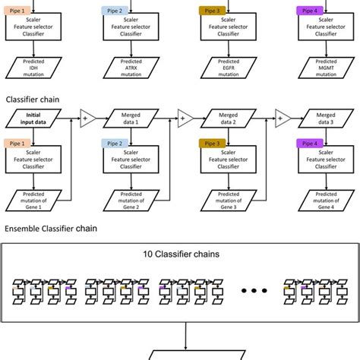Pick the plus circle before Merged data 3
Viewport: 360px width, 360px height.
click(x=282, y=118)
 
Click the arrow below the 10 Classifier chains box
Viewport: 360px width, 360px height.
click(x=181, y=334)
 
